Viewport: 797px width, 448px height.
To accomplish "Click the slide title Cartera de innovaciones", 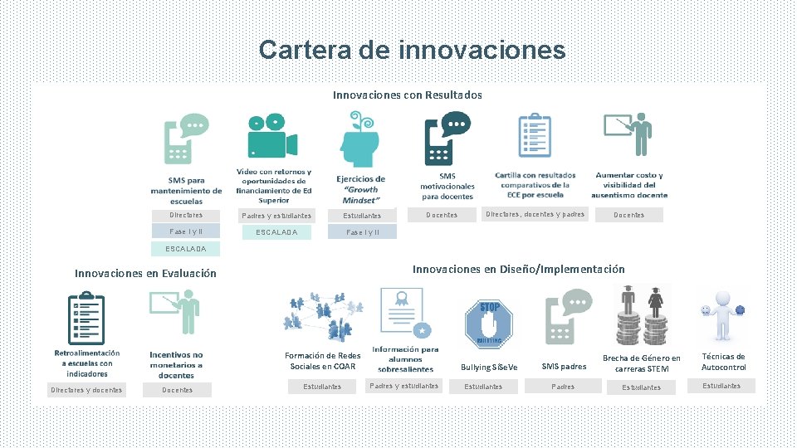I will [412, 50].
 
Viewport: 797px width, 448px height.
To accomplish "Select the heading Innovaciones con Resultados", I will [407, 95].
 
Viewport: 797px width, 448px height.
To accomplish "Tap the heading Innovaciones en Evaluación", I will [145, 273].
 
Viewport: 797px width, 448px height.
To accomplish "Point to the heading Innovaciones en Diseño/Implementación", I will [518, 269].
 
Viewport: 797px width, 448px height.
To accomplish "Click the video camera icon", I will [272, 138].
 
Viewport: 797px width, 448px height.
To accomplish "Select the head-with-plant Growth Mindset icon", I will [360, 139].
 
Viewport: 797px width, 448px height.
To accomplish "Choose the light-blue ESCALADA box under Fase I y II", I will [186, 249].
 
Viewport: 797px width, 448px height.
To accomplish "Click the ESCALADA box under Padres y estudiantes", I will [277, 232].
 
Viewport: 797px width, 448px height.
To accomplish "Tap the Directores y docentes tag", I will [86, 390].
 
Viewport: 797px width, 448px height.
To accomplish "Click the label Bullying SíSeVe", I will [488, 367].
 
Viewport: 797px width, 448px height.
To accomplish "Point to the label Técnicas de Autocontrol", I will [723, 362].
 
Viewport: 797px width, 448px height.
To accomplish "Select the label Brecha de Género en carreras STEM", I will [642, 363].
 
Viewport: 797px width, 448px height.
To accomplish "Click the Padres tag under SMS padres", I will [563, 387].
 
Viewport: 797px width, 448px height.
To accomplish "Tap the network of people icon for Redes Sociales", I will [323, 316].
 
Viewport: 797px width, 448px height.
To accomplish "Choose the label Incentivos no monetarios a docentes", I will [176, 365].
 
